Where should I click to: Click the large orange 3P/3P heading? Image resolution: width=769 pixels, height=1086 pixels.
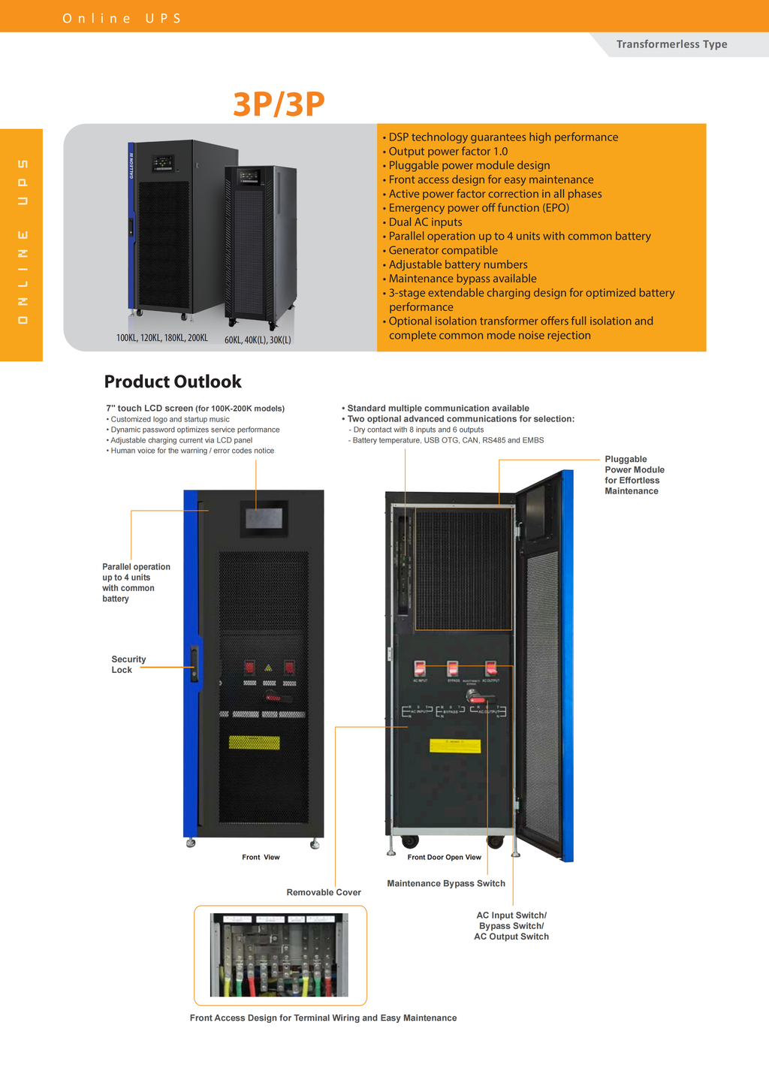pyautogui.click(x=279, y=104)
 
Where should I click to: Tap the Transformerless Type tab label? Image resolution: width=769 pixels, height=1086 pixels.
pyautogui.click(x=671, y=44)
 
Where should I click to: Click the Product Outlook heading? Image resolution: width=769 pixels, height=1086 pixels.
pyautogui.click(x=173, y=382)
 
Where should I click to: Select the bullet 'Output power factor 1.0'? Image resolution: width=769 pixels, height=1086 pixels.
pyautogui.click(x=448, y=151)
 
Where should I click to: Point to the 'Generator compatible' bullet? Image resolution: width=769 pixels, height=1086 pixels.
pyautogui.click(x=443, y=250)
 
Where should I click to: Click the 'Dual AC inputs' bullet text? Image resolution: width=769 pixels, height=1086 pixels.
pyautogui.click(x=425, y=222)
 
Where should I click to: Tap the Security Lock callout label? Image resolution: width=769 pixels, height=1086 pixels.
pyautogui.click(x=128, y=665)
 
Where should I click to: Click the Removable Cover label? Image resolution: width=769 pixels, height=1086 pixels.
pyautogui.click(x=324, y=892)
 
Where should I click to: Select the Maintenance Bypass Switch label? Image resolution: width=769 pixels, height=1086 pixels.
pyautogui.click(x=446, y=883)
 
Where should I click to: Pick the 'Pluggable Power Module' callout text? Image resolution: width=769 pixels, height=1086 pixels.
pyautogui.click(x=634, y=475)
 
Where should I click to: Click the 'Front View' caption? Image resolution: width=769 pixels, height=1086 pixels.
pyautogui.click(x=261, y=857)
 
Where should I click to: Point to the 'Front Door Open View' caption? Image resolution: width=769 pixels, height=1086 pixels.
pyautogui.click(x=444, y=857)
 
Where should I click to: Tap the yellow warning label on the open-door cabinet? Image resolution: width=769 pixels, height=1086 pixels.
pyautogui.click(x=454, y=746)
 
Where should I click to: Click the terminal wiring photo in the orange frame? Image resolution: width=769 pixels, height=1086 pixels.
pyautogui.click(x=279, y=955)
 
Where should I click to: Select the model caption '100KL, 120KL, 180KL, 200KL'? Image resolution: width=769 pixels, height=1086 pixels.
pyautogui.click(x=162, y=338)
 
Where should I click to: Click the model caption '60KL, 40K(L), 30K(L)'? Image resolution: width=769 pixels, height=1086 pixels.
pyautogui.click(x=258, y=339)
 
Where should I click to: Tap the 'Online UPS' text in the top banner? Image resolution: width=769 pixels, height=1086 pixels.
pyautogui.click(x=122, y=18)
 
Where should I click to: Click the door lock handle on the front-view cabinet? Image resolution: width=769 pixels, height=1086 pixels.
pyautogui.click(x=195, y=664)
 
